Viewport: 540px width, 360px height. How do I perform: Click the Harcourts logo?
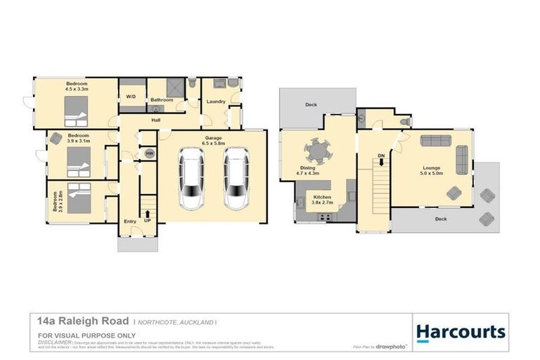click(x=461, y=332)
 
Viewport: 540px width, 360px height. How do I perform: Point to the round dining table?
click(x=318, y=151)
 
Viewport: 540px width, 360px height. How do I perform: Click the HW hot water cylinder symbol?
click(x=149, y=153)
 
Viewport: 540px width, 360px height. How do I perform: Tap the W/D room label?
click(x=131, y=96)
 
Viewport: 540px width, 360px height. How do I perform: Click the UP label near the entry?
click(x=148, y=221)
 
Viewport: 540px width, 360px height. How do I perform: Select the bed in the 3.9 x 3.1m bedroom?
click(x=76, y=165)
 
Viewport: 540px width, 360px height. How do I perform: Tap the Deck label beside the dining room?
click(x=311, y=105)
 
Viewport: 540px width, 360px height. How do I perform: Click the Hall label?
click(x=157, y=120)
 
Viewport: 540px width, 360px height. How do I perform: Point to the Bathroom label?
click(x=162, y=100)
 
